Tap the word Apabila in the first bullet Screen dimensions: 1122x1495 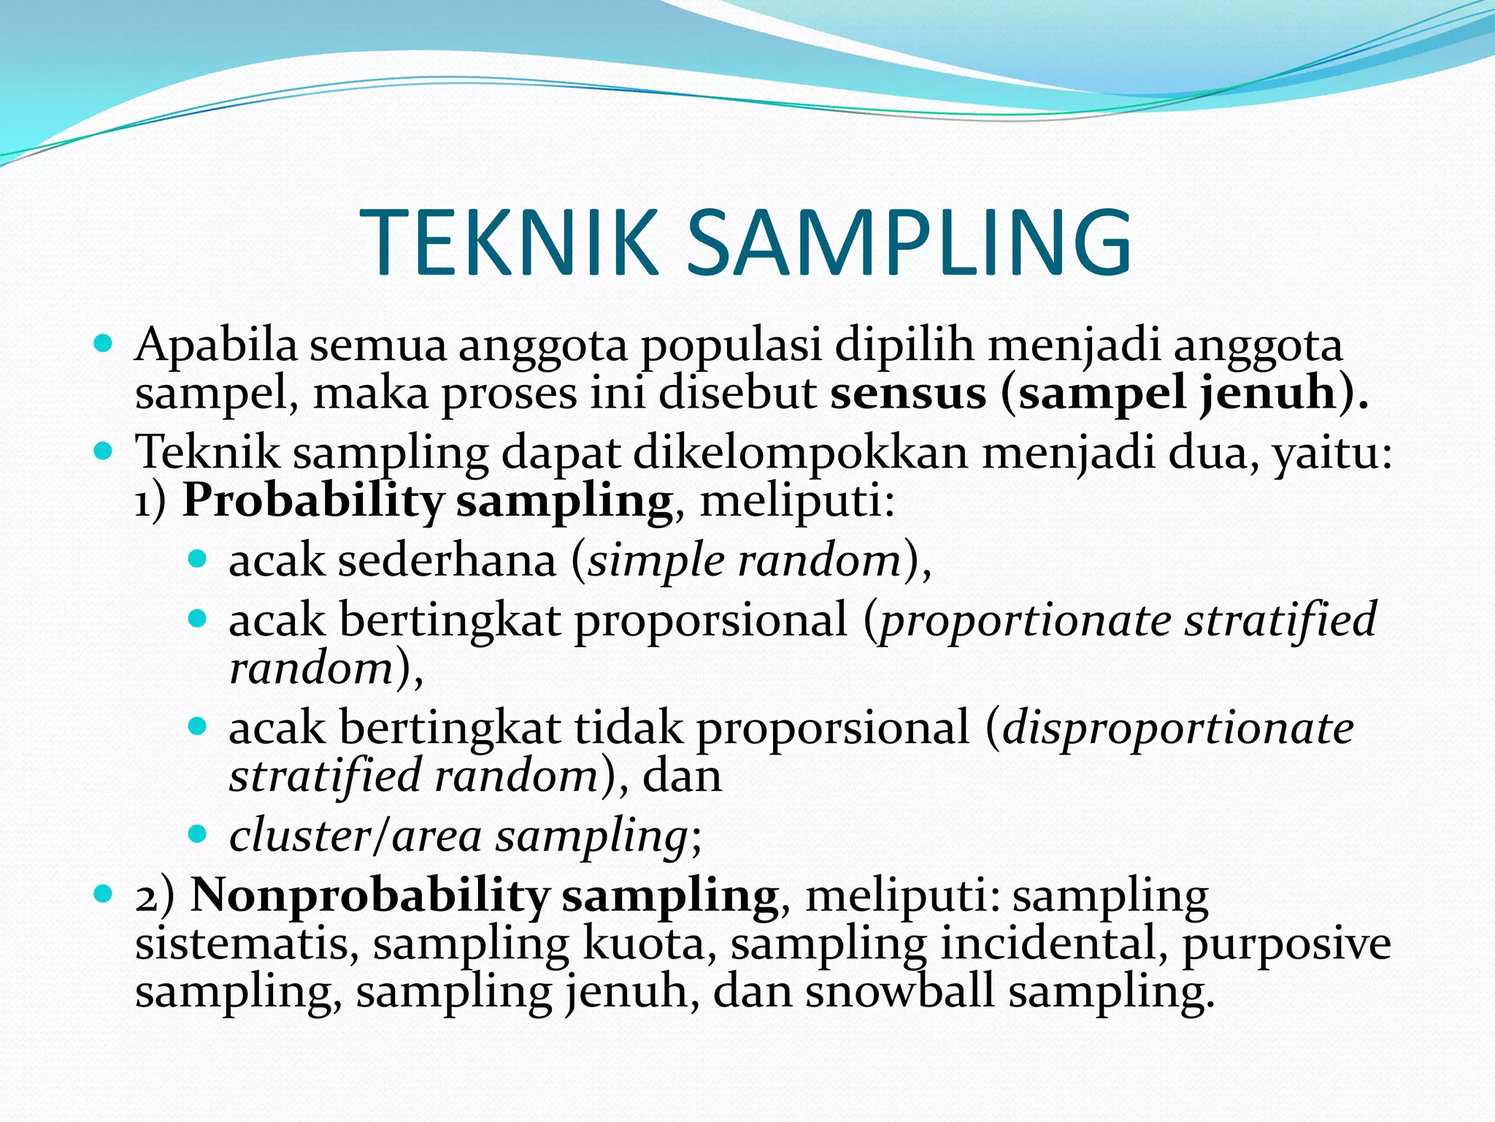point(216,345)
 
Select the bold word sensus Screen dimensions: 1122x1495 point(908,394)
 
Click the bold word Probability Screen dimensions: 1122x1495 point(312,502)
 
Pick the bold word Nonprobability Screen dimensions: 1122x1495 point(369,896)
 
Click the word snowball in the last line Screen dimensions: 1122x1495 point(899,992)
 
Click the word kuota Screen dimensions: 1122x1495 point(644,944)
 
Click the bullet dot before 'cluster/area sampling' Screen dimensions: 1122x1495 point(197,834)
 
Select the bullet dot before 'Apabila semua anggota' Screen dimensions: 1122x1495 point(104,343)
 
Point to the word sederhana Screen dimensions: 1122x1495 point(447,561)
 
